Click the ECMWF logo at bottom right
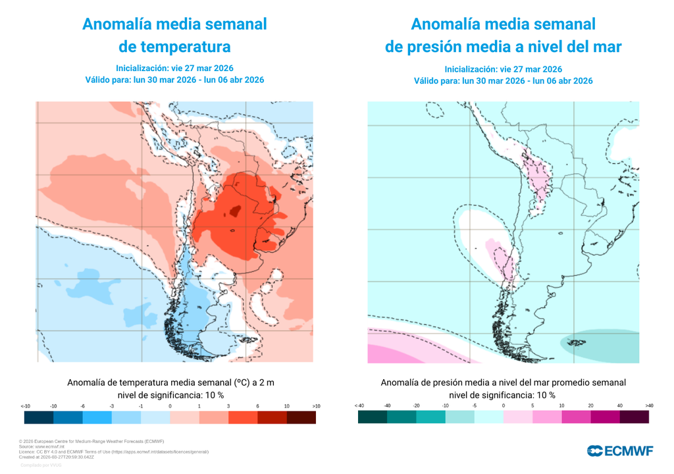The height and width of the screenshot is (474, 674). tap(620, 450)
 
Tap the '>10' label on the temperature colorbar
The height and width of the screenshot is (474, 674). tap(316, 406)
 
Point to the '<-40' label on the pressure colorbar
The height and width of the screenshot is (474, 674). tap(359, 406)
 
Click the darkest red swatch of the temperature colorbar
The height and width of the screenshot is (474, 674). tap(301, 417)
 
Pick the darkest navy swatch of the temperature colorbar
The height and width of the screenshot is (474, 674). tap(39, 417)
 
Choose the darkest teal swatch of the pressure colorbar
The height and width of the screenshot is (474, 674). tap(373, 417)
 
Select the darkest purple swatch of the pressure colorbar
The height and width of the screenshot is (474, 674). tap(634, 417)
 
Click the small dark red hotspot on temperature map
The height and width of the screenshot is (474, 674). tap(233, 211)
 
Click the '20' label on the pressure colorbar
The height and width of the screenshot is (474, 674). tap(590, 406)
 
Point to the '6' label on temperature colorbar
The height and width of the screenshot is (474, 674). tap(258, 406)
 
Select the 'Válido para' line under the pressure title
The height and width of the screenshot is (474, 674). tap(503, 81)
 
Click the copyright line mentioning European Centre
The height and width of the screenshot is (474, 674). tap(91, 441)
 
